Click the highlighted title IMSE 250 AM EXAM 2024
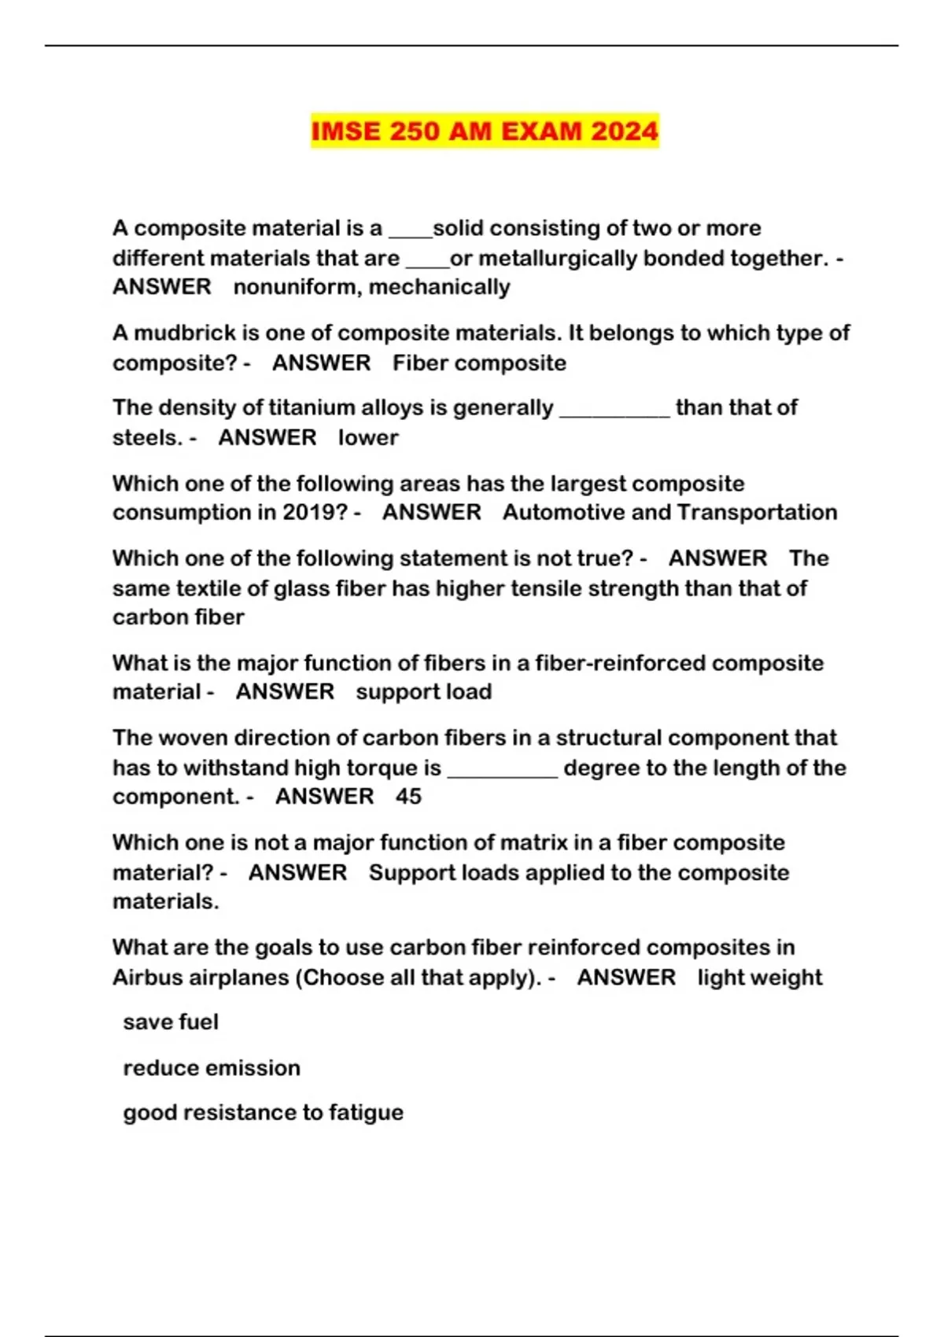pos(485,131)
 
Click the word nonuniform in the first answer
pos(296,287)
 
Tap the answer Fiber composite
pos(479,363)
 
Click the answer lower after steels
pos(368,437)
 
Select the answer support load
pos(423,692)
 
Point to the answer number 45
pos(408,797)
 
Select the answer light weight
pos(759,978)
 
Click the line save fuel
pos(171,1022)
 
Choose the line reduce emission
pos(212,1068)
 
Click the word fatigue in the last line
pos(366,1113)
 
